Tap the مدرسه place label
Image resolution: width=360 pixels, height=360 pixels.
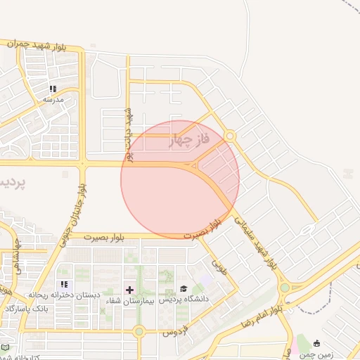pyautogui.click(x=53, y=99)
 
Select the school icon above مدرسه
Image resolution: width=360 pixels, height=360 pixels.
pyautogui.click(x=53, y=89)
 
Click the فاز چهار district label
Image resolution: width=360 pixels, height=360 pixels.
pyautogui.click(x=191, y=141)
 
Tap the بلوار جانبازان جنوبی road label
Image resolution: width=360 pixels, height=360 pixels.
pyautogui.click(x=77, y=210)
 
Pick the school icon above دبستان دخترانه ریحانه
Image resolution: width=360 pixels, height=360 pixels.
pyautogui.click(x=64, y=285)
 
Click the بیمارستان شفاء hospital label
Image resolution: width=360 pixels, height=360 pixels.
pyautogui.click(x=129, y=300)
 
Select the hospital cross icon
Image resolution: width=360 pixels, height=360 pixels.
pyautogui.click(x=129, y=290)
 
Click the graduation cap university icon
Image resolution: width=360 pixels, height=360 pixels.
pyautogui.click(x=184, y=288)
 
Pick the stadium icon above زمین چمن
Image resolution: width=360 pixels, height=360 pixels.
pyautogui.click(x=317, y=344)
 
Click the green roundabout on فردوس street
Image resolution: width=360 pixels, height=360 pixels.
pyautogui.click(x=139, y=330)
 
